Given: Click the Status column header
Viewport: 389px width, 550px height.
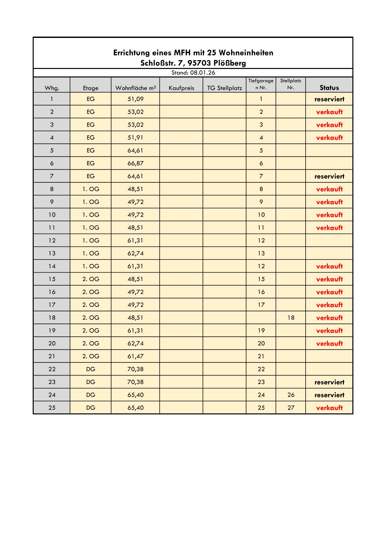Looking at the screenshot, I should (x=329, y=88).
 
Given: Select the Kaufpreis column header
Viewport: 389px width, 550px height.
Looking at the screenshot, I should (x=181, y=88).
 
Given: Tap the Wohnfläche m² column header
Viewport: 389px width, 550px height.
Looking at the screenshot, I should (x=136, y=88).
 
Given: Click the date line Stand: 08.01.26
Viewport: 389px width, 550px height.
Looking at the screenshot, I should (x=193, y=73).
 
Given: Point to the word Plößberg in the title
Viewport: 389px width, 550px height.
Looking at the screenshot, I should (x=230, y=63).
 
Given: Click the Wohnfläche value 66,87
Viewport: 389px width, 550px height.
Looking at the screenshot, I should (x=136, y=163).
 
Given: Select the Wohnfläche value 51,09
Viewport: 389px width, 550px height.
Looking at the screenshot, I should (x=136, y=99).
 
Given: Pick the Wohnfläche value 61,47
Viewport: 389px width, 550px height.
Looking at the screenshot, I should (x=136, y=356).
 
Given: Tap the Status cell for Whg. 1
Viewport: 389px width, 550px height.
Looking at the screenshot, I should (x=329, y=99).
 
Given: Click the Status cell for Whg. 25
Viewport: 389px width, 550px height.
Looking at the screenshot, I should (x=329, y=408).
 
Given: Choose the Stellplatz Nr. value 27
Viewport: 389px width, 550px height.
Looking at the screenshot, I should (x=291, y=408).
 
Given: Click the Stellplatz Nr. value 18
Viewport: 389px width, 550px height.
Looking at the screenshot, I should (x=291, y=318).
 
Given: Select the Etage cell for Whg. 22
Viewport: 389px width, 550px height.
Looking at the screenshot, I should (x=91, y=369).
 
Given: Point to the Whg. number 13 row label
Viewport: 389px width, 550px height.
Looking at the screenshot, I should (x=52, y=253).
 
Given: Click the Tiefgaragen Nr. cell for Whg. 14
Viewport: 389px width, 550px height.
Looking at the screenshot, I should (x=261, y=266).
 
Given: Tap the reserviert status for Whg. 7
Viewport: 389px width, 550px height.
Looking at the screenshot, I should (x=329, y=176).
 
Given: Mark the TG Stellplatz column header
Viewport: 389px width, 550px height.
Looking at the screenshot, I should (x=225, y=88).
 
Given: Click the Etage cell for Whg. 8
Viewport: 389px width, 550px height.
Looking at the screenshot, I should (x=91, y=189).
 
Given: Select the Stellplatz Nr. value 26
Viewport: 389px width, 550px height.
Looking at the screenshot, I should (x=291, y=395).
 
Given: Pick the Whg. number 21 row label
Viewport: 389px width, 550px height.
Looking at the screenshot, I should (x=52, y=356).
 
